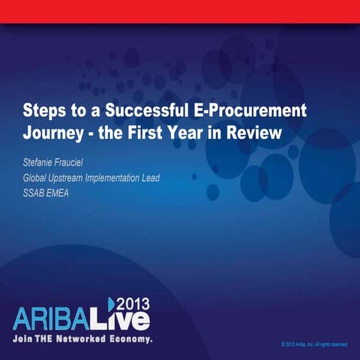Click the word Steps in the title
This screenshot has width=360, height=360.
[x=44, y=111]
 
